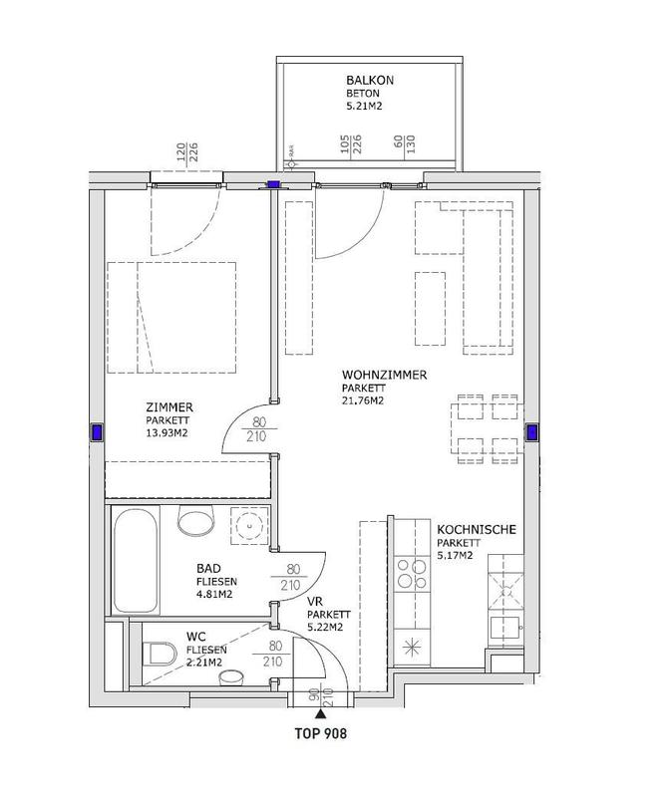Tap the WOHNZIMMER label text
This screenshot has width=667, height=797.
(x=384, y=376)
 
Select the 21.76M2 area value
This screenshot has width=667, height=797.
(x=363, y=400)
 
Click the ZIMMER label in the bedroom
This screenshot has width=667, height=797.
(x=169, y=407)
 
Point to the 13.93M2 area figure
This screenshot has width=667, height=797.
(x=167, y=433)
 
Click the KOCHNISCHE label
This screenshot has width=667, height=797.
(x=477, y=530)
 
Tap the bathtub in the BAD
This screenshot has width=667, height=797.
(x=136, y=560)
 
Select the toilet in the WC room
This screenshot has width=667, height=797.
(x=160, y=654)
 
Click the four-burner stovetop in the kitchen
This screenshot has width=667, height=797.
(x=412, y=574)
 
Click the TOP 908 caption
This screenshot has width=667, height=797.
(x=321, y=733)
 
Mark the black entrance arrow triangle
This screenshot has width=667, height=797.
(x=320, y=714)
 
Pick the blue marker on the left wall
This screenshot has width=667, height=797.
(x=97, y=432)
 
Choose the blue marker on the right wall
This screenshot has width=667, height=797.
(x=532, y=432)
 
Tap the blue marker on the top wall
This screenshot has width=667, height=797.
(x=274, y=185)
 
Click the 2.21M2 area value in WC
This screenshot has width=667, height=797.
(x=204, y=663)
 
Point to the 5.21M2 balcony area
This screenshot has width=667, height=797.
(x=364, y=107)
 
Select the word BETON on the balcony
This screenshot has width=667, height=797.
(x=363, y=94)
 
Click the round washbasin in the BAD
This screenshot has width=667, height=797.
(x=249, y=526)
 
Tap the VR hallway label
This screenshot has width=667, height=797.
(x=315, y=602)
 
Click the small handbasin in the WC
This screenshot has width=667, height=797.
(x=231, y=677)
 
